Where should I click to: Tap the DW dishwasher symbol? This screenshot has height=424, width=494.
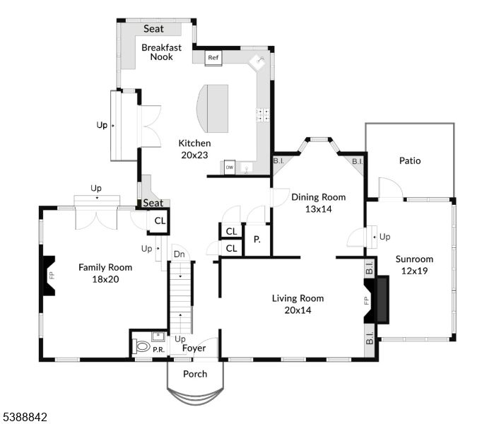[x=230, y=167]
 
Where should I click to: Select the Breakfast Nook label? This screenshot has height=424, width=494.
[x=161, y=52]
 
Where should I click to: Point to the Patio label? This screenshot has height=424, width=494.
[x=409, y=161]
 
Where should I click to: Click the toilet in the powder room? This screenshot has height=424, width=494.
[x=141, y=347]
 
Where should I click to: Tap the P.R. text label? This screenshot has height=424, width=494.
[x=160, y=350]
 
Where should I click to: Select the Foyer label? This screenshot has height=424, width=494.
[x=194, y=348]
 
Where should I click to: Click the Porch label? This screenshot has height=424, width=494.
[x=195, y=374]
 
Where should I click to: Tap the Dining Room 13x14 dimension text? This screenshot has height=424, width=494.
[x=318, y=208]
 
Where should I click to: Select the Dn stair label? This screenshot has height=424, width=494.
[x=179, y=254]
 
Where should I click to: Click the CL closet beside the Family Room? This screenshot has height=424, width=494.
[x=160, y=221]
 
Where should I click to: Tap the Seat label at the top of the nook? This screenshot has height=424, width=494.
[x=154, y=29]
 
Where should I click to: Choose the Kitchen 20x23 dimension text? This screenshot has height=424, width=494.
[x=193, y=155]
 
